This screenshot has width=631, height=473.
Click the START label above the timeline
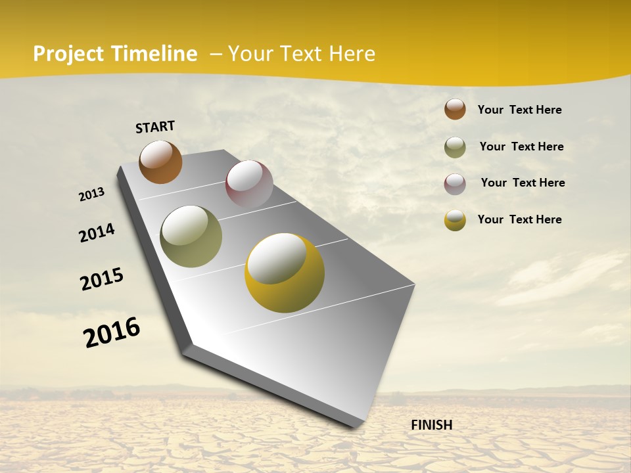tap(155, 127)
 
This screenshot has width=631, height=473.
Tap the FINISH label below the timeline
tap(432, 425)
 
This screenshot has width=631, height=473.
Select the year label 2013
tap(92, 194)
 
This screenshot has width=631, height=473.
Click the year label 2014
tap(97, 233)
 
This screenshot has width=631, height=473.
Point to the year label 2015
tap(102, 279)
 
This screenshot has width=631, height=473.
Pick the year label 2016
tap(112, 332)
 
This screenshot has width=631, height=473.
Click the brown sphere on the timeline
tap(160, 162)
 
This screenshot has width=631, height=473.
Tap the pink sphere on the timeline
tap(249, 184)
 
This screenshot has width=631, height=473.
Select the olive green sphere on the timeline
tap(191, 236)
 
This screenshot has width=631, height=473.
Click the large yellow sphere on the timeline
tap(285, 273)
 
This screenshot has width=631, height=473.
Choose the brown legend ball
tap(455, 109)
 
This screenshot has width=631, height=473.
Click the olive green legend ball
tap(455, 147)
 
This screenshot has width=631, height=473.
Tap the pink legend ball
tap(455, 184)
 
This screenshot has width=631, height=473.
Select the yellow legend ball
tap(455, 220)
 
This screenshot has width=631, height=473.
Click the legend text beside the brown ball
tap(519, 110)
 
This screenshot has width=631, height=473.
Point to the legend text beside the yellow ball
tap(519, 219)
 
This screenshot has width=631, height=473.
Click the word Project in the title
tap(68, 54)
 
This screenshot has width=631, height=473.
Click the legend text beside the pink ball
tap(523, 183)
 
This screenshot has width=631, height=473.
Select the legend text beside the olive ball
tap(521, 146)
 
